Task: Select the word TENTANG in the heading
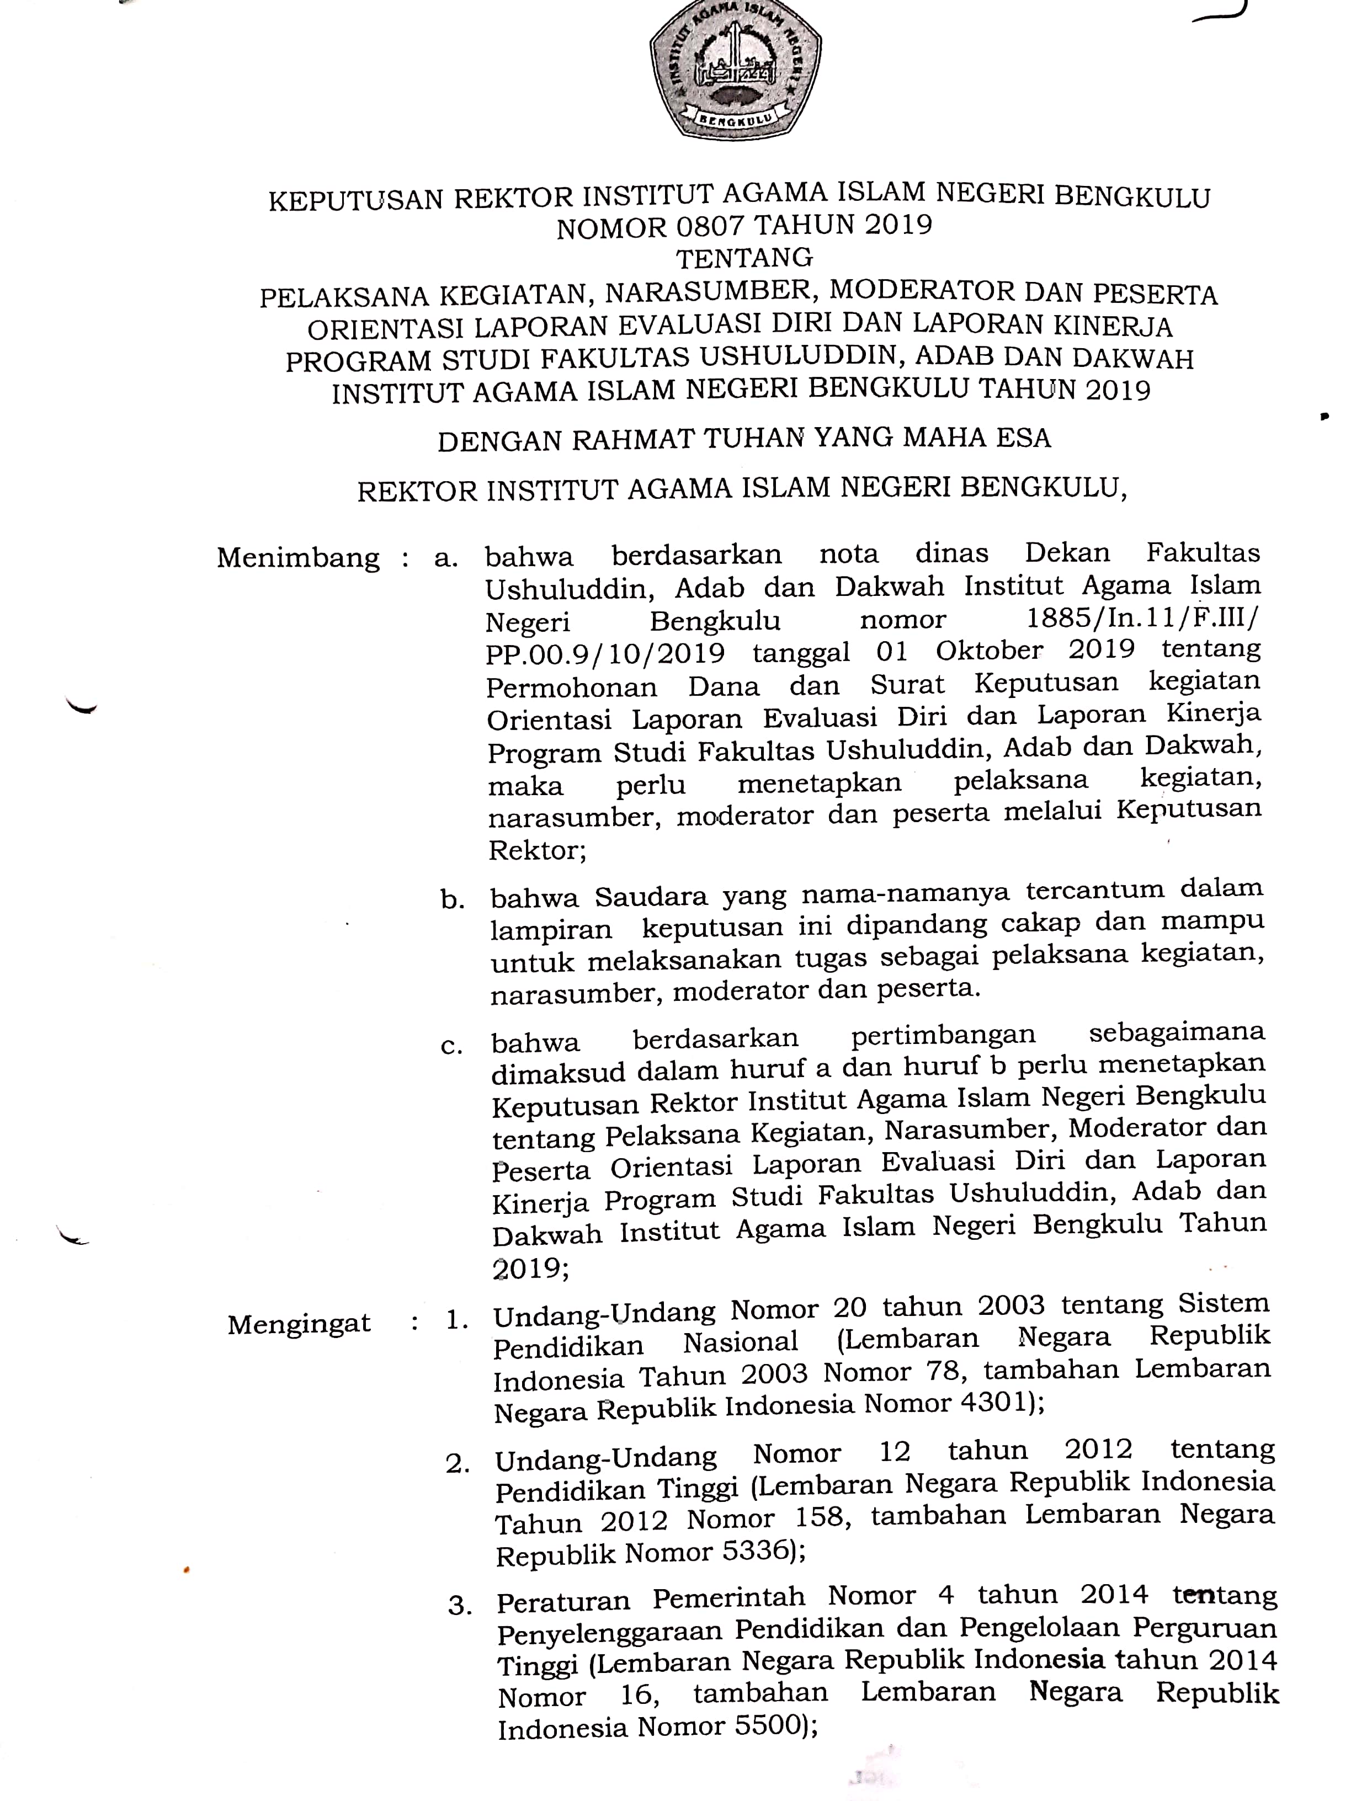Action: coord(744,258)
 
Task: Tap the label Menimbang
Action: coord(298,558)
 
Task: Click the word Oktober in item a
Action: coord(988,651)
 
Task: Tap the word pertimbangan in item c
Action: coord(943,1036)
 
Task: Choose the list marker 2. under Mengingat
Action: coord(458,1464)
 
